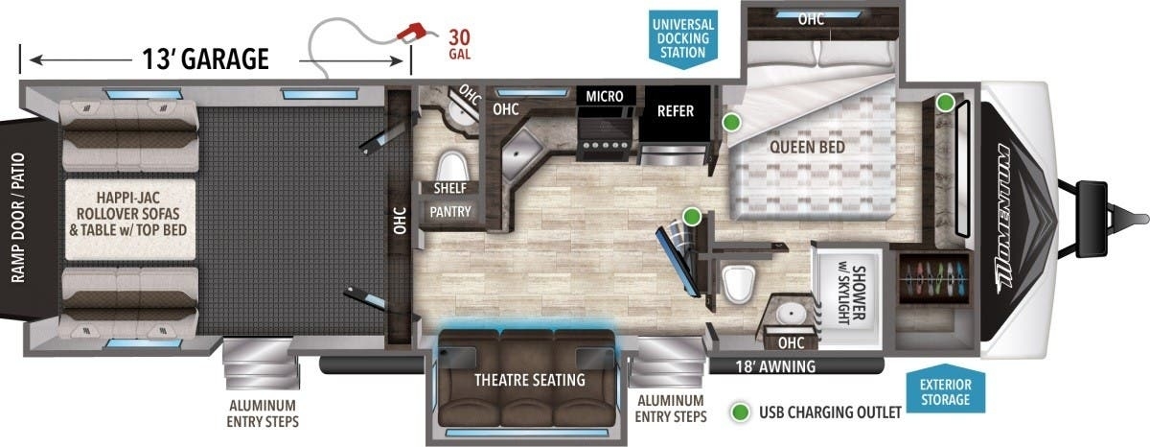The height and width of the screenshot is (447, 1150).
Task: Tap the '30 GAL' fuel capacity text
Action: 459,45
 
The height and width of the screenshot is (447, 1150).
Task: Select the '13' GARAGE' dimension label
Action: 205,59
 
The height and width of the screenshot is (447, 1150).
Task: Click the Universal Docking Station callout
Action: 683,38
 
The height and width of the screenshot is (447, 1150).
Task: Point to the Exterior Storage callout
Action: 945,392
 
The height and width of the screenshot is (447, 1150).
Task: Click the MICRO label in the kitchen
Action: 605,96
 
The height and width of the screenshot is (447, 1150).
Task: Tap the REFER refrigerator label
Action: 675,111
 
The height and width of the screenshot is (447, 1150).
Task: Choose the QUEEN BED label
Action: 807,148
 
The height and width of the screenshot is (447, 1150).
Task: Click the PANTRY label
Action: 450,212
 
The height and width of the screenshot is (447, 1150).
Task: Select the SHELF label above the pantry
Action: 450,188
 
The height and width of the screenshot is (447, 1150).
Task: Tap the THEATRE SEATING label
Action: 530,380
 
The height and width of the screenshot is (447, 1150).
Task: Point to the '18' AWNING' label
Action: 775,366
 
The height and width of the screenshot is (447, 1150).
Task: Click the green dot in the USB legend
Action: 740,412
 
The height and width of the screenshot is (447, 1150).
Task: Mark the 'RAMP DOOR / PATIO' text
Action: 18,218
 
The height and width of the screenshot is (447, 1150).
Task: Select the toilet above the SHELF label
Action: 451,165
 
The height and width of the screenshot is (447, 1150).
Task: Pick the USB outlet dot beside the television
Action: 692,217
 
